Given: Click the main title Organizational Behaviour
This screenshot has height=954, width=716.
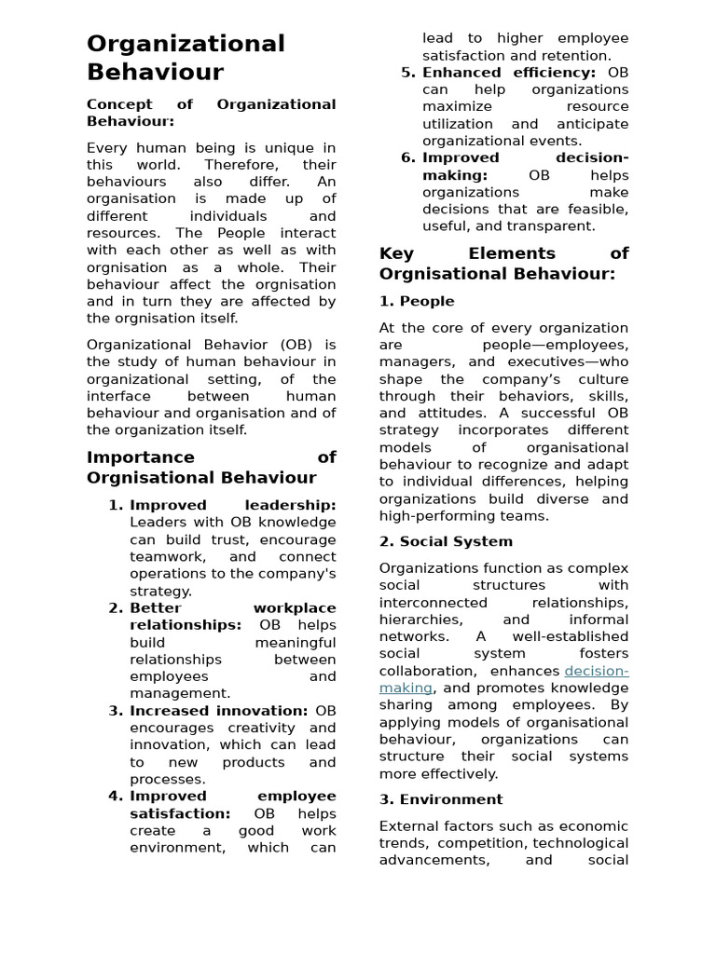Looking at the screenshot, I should (x=186, y=58).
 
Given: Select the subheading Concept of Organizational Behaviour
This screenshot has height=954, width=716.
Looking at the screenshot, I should (x=211, y=113).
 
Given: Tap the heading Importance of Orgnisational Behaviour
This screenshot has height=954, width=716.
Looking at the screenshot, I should (x=211, y=468).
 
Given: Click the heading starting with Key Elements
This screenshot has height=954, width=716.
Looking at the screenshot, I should (x=503, y=264).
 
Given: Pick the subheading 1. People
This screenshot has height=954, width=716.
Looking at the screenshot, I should (x=417, y=301).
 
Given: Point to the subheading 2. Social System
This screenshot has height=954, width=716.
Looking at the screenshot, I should (x=446, y=541).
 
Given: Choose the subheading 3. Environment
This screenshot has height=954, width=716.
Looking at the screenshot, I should (x=441, y=799).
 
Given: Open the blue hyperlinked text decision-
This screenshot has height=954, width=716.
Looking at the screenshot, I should (x=597, y=671).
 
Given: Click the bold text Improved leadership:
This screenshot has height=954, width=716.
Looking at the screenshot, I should (x=232, y=505).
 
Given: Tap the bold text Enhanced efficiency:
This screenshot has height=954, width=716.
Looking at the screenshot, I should (x=509, y=73).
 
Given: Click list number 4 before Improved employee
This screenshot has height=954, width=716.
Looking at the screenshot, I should (x=116, y=797).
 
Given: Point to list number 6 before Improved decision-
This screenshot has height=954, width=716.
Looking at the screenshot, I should (x=408, y=158).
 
